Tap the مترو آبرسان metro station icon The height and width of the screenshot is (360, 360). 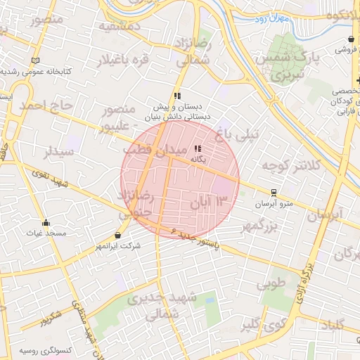point(274,192)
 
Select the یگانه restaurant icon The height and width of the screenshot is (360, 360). point(198,148)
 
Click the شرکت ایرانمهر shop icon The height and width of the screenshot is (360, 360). point(117,235)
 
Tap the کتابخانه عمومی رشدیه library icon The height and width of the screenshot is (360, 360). point(35,60)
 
